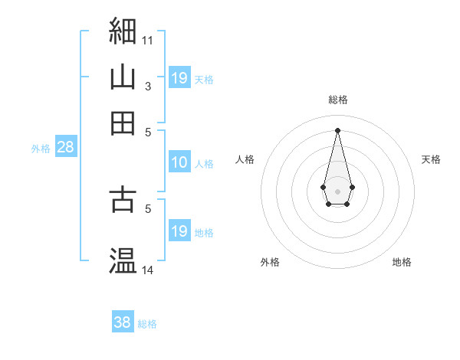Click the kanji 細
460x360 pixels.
click(x=123, y=31)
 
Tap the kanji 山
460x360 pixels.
click(x=123, y=77)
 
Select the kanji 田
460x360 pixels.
click(x=123, y=123)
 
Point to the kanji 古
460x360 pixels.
click(x=123, y=198)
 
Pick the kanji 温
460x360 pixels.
click(x=123, y=260)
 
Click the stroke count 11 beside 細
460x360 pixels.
click(x=147, y=41)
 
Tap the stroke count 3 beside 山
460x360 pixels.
click(x=148, y=87)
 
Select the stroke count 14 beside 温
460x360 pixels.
click(x=147, y=270)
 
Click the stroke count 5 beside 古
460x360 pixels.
click(x=148, y=209)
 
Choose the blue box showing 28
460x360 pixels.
click(x=66, y=146)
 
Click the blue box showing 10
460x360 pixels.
click(x=180, y=162)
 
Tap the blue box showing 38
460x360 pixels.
click(x=123, y=321)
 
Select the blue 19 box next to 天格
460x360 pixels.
click(x=180, y=77)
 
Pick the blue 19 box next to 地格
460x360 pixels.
click(x=180, y=230)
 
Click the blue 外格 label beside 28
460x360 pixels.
click(x=41, y=149)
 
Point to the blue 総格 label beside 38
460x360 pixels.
click(x=147, y=324)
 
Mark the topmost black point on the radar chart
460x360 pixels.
click(x=337, y=130)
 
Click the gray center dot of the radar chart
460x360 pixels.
click(x=337, y=191)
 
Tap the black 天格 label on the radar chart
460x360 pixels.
click(x=431, y=159)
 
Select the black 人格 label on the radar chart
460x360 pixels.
click(x=245, y=159)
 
